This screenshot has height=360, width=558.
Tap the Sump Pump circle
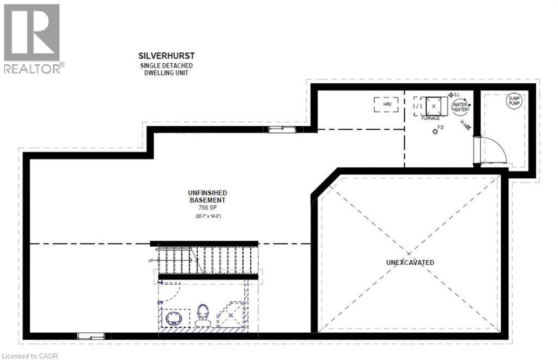pos(514,101)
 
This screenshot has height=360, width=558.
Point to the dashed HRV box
pos(386,104)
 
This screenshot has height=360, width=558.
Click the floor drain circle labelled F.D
pos(435,131)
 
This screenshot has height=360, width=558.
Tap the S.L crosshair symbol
pos(451,95)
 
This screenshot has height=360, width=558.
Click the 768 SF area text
pos(207,208)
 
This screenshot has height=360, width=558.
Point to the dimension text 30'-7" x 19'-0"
pos(207,216)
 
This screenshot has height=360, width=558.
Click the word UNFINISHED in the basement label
pos(207,193)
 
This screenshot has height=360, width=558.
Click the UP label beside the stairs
pos(151,261)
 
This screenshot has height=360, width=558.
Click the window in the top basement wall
pos(283,129)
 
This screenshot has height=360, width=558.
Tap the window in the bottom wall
pos(89,336)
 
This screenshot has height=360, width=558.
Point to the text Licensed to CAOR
pos(30,356)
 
